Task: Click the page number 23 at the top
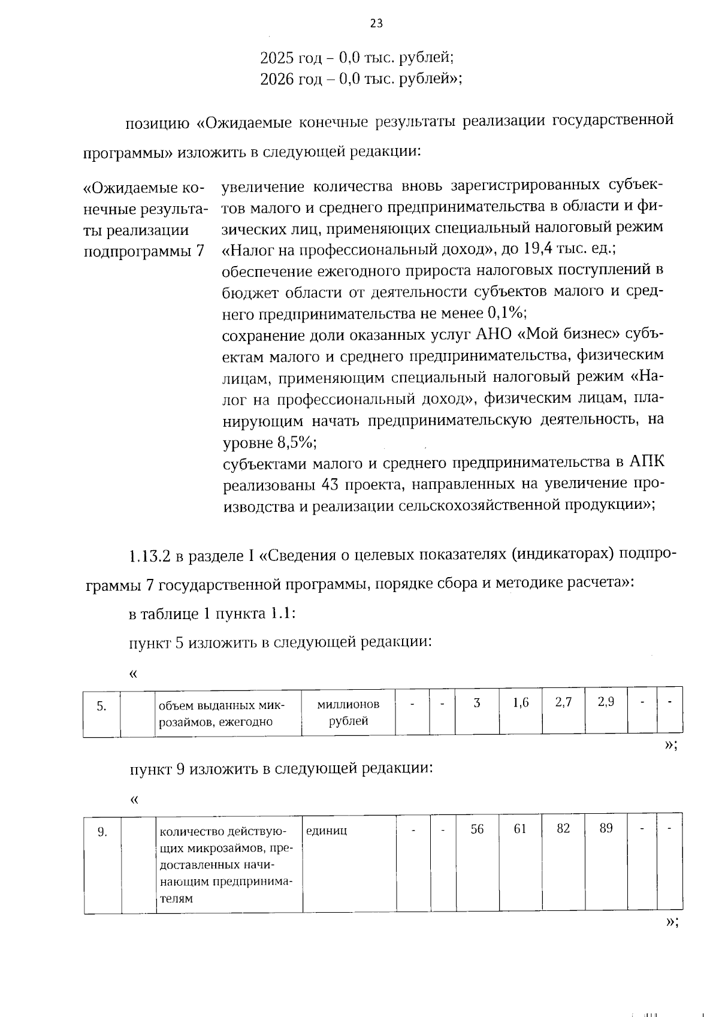(x=376, y=23)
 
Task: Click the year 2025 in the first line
(x=276, y=58)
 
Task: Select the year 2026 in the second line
(x=276, y=79)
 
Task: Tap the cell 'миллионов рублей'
(x=348, y=712)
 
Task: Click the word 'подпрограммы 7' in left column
(x=144, y=251)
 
